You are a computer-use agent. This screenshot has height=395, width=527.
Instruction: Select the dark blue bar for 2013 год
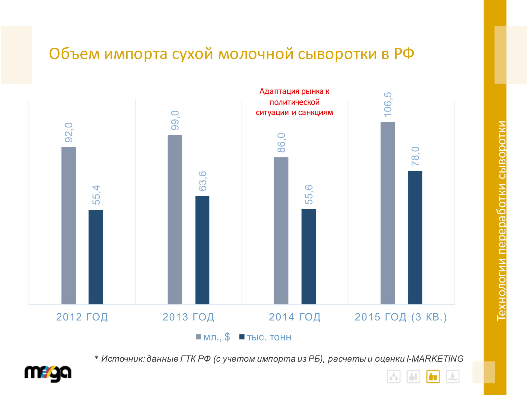(x=202, y=250)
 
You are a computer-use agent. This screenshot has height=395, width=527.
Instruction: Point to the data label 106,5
(x=388, y=105)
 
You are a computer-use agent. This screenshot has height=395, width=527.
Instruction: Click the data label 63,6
(x=202, y=181)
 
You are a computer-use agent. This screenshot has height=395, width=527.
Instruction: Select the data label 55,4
(x=96, y=195)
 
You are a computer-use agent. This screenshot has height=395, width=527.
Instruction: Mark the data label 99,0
(x=175, y=120)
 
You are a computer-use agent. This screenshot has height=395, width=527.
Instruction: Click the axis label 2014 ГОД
(x=295, y=317)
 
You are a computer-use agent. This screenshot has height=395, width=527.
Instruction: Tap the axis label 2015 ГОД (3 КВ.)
(x=401, y=317)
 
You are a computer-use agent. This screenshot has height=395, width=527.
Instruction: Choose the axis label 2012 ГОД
(x=82, y=317)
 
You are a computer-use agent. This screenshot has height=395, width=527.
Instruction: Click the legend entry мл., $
(x=213, y=337)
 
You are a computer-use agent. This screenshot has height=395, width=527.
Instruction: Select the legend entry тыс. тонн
(x=266, y=337)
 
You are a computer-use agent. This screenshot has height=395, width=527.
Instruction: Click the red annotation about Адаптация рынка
(x=294, y=102)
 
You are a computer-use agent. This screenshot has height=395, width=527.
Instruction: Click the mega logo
(x=48, y=373)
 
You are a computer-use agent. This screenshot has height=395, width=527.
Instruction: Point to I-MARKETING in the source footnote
(x=435, y=359)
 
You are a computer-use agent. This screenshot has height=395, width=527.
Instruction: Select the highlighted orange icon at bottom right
(x=433, y=377)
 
